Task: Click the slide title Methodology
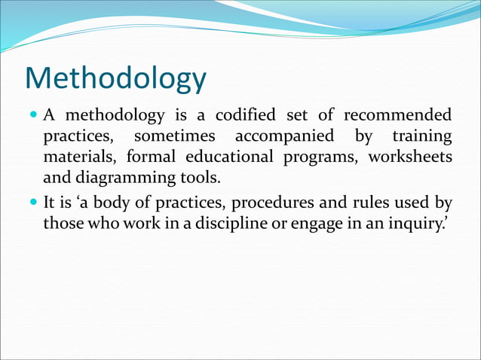pyautogui.click(x=115, y=79)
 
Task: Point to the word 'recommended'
pyautogui.click(x=398, y=116)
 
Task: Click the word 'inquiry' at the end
pyautogui.click(x=418, y=224)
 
